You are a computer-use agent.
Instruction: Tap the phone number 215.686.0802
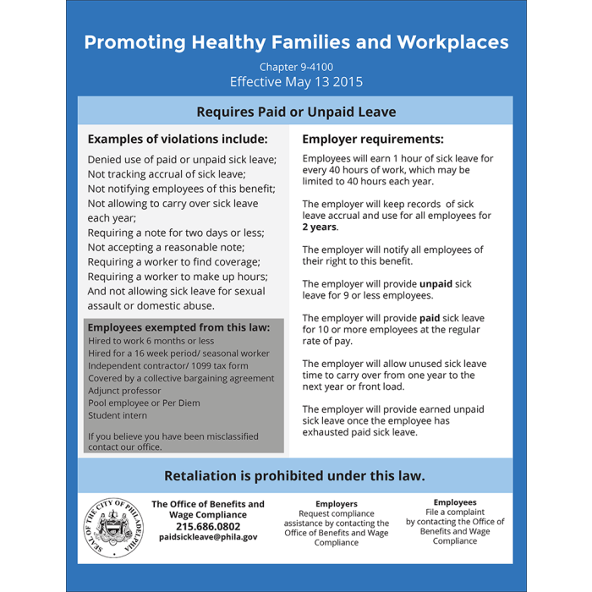pyautogui.click(x=207, y=526)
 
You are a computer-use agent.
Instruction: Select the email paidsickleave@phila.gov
pyautogui.click(x=207, y=537)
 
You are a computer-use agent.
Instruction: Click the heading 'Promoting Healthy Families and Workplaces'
pyautogui.click(x=296, y=41)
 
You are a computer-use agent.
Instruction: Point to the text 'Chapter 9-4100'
pyautogui.click(x=296, y=67)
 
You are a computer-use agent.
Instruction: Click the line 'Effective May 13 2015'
pyautogui.click(x=296, y=82)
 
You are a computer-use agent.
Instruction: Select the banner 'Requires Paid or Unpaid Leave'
pyautogui.click(x=296, y=112)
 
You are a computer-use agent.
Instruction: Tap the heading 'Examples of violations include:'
pyautogui.click(x=178, y=139)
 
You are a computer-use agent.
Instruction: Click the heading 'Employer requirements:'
pyautogui.click(x=373, y=139)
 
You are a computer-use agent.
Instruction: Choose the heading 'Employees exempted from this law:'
pyautogui.click(x=178, y=327)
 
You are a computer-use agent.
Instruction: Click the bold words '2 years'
pyautogui.click(x=320, y=227)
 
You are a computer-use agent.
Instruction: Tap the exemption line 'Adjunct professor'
pyautogui.click(x=124, y=391)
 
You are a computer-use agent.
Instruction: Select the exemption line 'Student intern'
pyautogui.click(x=118, y=415)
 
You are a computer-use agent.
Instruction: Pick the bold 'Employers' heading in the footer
pyautogui.click(x=337, y=503)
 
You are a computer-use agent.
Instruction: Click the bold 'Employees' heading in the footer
pyautogui.click(x=455, y=502)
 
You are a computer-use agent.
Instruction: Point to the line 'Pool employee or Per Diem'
pyautogui.click(x=144, y=403)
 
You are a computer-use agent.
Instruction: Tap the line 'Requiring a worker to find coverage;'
pyautogui.click(x=178, y=262)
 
